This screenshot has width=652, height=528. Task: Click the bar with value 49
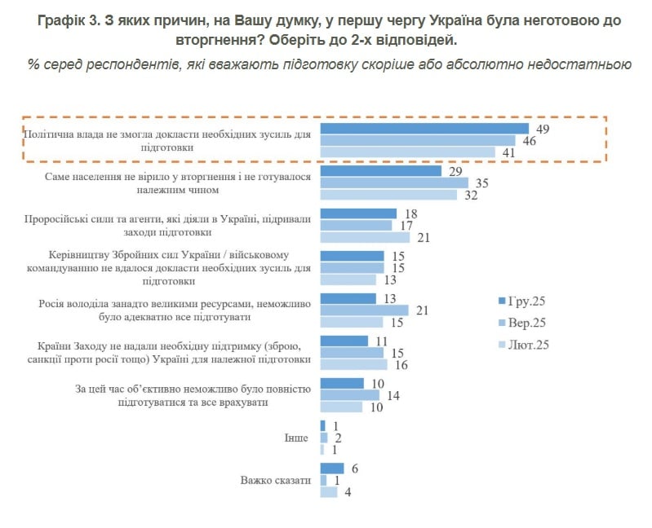coord(424,129)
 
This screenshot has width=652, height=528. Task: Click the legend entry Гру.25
coord(522,300)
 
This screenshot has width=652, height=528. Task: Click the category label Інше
coord(297,438)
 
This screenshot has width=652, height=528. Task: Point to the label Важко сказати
coord(276,480)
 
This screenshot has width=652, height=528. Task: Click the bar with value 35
coord(394,183)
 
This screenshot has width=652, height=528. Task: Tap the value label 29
coord(455,171)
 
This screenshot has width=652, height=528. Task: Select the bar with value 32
coord(388,195)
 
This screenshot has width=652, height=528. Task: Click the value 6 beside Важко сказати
coord(355,469)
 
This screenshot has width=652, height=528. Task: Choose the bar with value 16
coord(353,364)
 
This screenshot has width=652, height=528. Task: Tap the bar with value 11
coord(344,341)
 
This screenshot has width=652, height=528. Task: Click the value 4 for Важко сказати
coord(348,491)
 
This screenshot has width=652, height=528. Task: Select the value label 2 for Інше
coord(337,438)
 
